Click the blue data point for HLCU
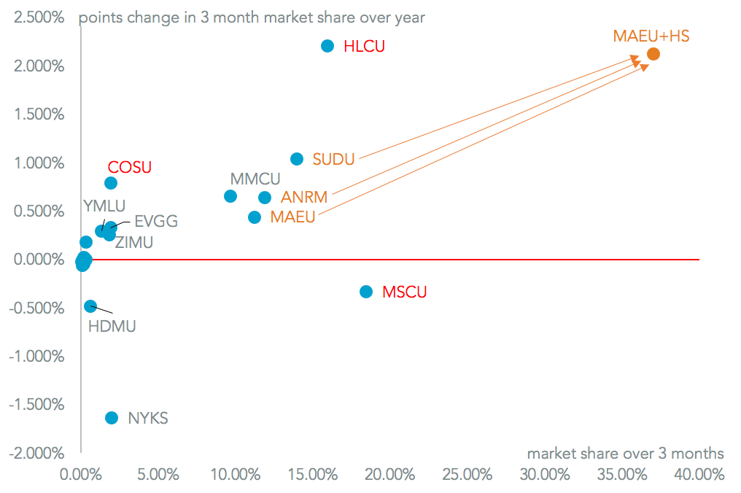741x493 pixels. [x=327, y=46]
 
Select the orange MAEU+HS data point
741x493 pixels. [x=653, y=54]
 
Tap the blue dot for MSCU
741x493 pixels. [x=366, y=292]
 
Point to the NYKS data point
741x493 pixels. [x=112, y=418]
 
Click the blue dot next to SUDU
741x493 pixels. [x=297, y=159]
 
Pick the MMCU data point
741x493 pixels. [x=230, y=196]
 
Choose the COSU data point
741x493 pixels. [x=111, y=183]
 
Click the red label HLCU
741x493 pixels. [x=364, y=47]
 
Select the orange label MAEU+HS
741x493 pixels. [x=651, y=36]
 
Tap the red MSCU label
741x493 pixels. [x=405, y=292]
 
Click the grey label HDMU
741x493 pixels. [x=112, y=326]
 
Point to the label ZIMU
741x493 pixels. [x=134, y=243]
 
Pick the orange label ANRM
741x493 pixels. [x=304, y=198]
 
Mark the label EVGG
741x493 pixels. [x=156, y=222]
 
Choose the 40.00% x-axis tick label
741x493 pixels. [x=699, y=475]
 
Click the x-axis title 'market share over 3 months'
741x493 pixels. [x=626, y=453]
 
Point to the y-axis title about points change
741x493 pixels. [x=252, y=17]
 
